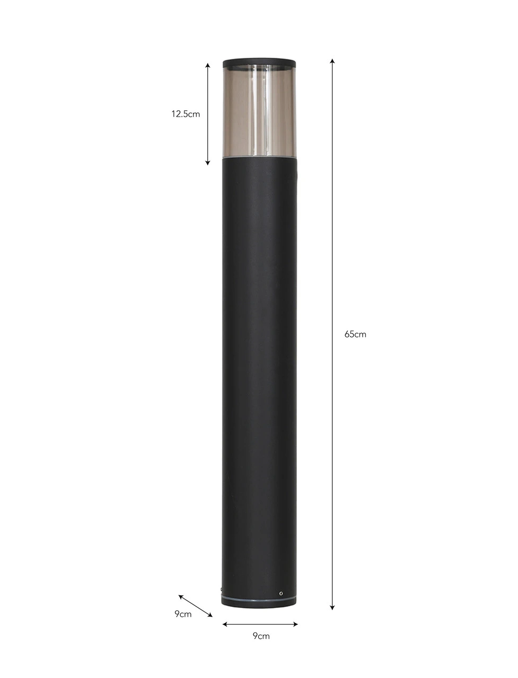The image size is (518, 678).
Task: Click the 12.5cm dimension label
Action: pyautogui.click(x=186, y=114)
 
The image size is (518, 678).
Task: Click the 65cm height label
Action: pyautogui.click(x=355, y=334)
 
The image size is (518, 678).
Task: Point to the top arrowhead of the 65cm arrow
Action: pyautogui.click(x=332, y=60)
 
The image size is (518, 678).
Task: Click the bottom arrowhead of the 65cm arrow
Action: pyautogui.click(x=332, y=608)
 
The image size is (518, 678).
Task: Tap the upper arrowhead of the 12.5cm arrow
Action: pyautogui.click(x=208, y=65)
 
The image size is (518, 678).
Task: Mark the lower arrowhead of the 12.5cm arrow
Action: pyautogui.click(x=208, y=163)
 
